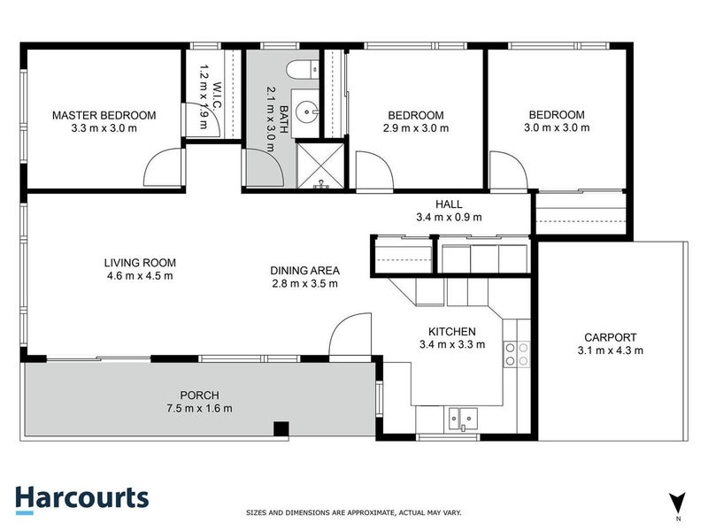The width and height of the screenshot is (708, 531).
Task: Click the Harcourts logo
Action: click(x=81, y=498)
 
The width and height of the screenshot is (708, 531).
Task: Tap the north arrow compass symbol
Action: click(x=677, y=501)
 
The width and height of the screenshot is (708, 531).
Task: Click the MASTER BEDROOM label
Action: click(x=104, y=115)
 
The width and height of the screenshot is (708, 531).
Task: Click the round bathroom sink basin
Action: click(x=305, y=112)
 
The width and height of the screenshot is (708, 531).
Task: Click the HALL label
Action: click(x=449, y=203)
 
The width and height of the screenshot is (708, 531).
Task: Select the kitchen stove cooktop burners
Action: click(x=516, y=354)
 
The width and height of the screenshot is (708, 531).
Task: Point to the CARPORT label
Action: click(x=610, y=337)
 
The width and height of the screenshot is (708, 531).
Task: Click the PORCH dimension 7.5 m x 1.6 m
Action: click(x=198, y=408)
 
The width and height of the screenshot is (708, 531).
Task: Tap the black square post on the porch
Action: click(x=281, y=430)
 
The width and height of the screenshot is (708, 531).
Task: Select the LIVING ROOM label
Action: click(x=140, y=263)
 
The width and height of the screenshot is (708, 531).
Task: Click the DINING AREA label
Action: click(x=305, y=271)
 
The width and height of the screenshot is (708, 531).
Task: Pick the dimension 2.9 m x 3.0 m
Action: click(x=416, y=128)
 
